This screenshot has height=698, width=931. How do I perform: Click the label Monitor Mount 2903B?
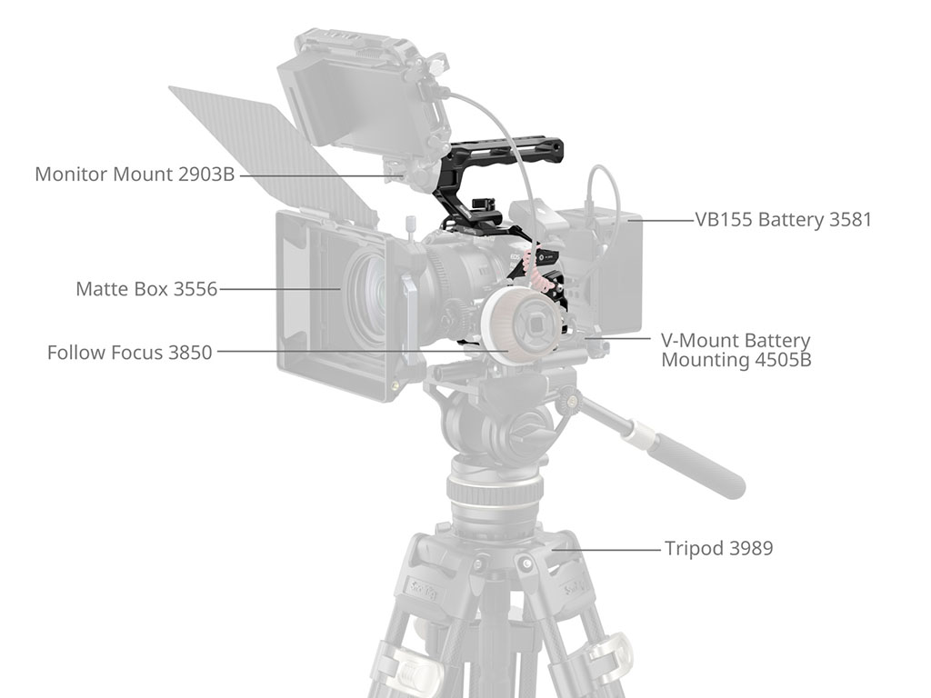pyautogui.click(x=135, y=174)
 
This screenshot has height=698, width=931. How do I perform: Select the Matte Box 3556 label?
pyautogui.click(x=146, y=288)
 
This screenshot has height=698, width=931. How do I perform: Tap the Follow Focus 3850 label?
pyautogui.click(x=129, y=352)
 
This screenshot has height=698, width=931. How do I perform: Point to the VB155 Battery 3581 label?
pyautogui.click(x=783, y=220)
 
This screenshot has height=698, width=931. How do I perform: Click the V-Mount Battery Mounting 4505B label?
pyautogui.click(x=736, y=350)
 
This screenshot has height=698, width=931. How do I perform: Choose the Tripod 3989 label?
pyautogui.click(x=718, y=548)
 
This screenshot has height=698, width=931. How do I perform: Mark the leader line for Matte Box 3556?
pyautogui.click(x=280, y=289)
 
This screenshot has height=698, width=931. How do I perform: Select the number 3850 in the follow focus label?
pyautogui.click(x=190, y=352)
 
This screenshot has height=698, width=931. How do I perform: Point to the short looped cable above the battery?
pyautogui.click(x=601, y=189)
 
